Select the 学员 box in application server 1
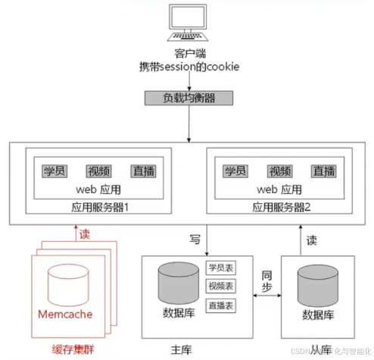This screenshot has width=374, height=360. (55, 171)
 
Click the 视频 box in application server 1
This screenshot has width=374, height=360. (98, 171)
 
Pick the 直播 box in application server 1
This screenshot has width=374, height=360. (142, 171)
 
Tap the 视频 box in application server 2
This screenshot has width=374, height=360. (280, 171)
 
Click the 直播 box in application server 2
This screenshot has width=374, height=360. (324, 171)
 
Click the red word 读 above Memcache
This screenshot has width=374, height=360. (84, 235)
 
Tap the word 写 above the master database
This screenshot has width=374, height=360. (195, 239)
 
